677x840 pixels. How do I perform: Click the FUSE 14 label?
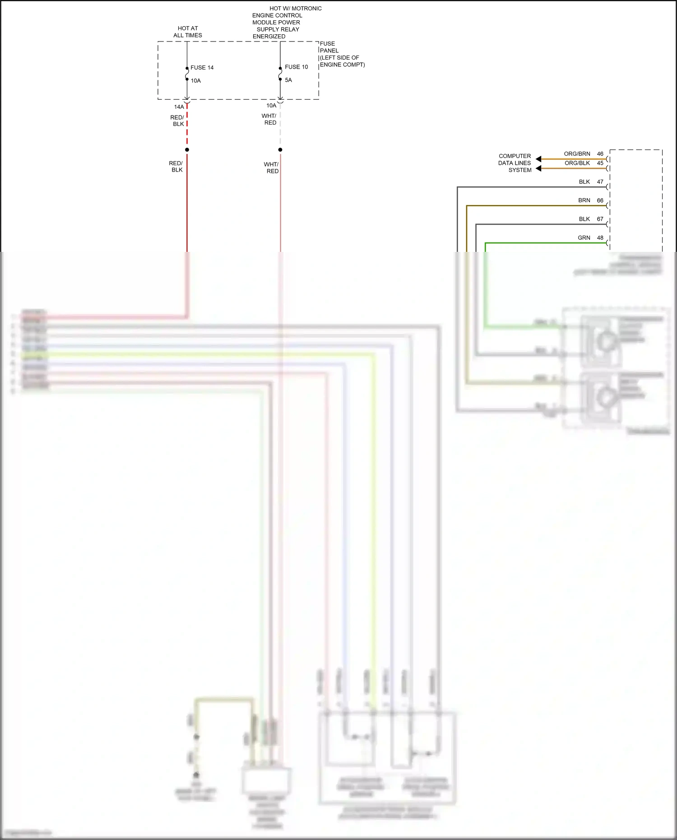202,68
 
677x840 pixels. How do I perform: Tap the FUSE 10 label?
296,67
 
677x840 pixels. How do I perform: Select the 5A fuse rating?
288,80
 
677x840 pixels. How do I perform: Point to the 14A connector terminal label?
179,107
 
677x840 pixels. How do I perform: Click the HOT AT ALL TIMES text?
188,32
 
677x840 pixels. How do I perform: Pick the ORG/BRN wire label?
577,154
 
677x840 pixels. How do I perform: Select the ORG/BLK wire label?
577,163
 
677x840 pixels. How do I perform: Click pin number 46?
600,154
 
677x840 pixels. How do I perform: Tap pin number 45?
600,163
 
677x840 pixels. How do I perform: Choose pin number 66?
600,200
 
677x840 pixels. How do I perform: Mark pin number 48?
600,238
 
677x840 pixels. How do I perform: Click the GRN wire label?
584,238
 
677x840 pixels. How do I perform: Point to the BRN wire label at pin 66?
584,200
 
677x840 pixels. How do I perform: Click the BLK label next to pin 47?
584,182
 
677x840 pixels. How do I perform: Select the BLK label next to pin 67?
584,219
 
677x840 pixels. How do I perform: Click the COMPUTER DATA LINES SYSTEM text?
515,163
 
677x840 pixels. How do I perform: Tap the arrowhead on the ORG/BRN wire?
538,159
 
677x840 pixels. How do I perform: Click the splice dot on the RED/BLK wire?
187,150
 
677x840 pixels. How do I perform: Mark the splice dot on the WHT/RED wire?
280,150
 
